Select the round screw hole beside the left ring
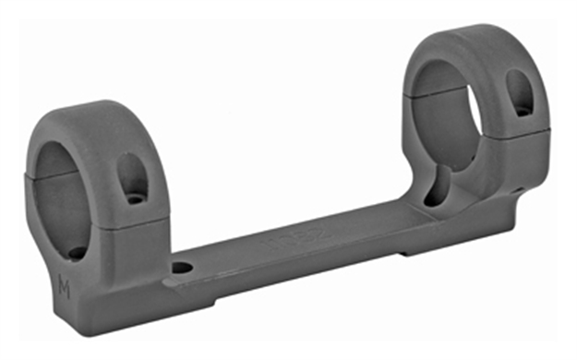183,269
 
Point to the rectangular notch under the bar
411,250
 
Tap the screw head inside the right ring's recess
523,110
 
